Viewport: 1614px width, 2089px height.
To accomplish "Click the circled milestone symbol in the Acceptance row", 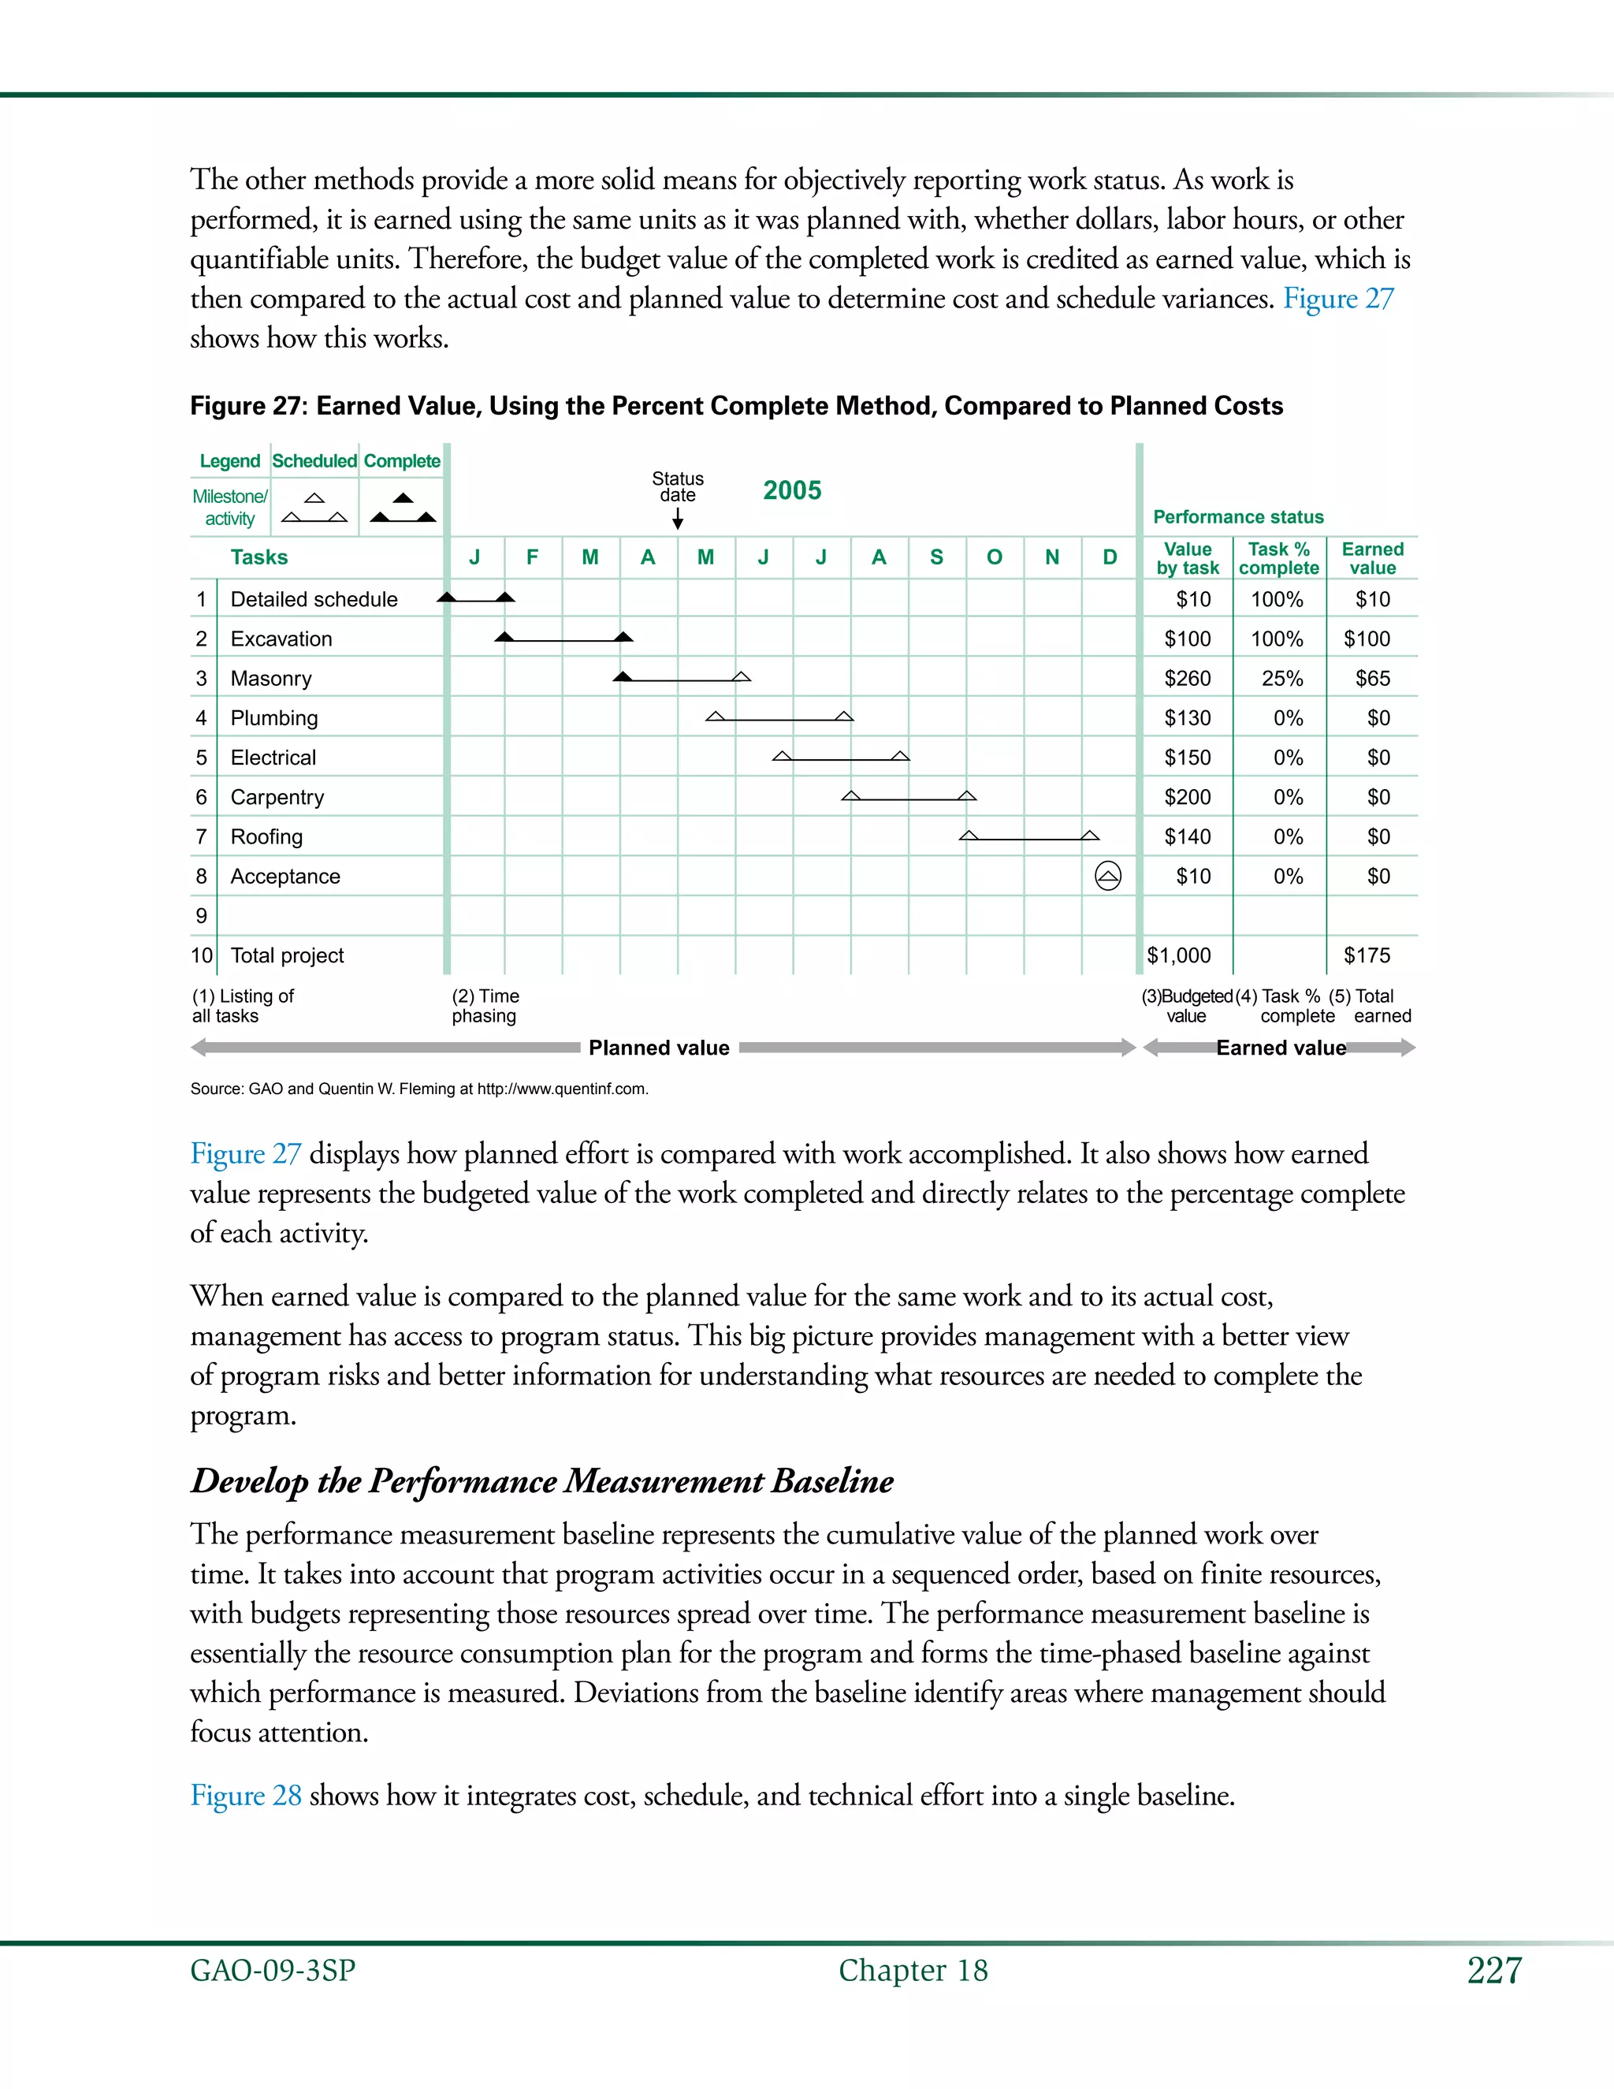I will point(1107,875).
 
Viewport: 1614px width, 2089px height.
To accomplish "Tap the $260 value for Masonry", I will point(1187,678).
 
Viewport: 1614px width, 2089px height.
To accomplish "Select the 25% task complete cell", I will point(1281,678).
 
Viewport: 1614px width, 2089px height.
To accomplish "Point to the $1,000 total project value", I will point(1179,955).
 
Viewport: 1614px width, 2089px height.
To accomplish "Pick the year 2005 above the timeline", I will point(792,490).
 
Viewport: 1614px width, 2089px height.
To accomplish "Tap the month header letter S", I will point(936,557).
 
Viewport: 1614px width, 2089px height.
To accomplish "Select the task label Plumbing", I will point(274,717).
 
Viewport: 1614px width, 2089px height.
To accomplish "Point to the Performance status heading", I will point(1238,516).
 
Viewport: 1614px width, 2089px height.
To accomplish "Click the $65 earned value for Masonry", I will point(1372,678).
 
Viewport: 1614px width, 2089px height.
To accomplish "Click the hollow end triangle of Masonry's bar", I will point(740,676).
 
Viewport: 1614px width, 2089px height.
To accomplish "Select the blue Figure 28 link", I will point(246,1794).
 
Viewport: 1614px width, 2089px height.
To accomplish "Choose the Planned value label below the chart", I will point(659,1048).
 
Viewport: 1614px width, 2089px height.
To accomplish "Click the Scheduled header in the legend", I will point(314,461).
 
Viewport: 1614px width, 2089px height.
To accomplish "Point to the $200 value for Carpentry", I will point(1187,797).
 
